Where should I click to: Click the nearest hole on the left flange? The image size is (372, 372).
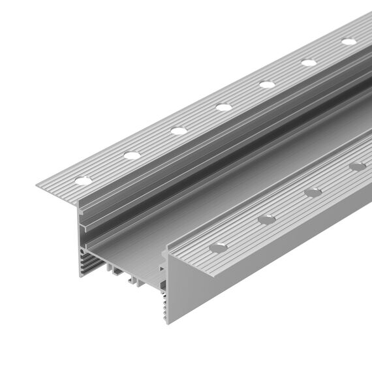click(x=82, y=181)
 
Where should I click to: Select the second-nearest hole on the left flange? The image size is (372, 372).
click(x=132, y=155)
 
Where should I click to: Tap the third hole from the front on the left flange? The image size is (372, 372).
click(x=179, y=131)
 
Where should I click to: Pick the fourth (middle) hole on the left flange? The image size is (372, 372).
click(x=224, y=106)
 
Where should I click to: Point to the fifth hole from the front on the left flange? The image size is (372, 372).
click(x=267, y=84)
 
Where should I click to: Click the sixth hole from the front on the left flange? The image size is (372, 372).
click(x=309, y=62)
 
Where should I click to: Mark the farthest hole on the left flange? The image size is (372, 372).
click(x=349, y=41)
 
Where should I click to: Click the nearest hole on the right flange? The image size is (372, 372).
click(x=218, y=247)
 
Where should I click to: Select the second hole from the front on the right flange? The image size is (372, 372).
click(x=266, y=219)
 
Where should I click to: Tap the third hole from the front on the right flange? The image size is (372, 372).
click(x=313, y=192)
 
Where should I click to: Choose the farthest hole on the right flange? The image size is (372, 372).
click(x=357, y=166)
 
